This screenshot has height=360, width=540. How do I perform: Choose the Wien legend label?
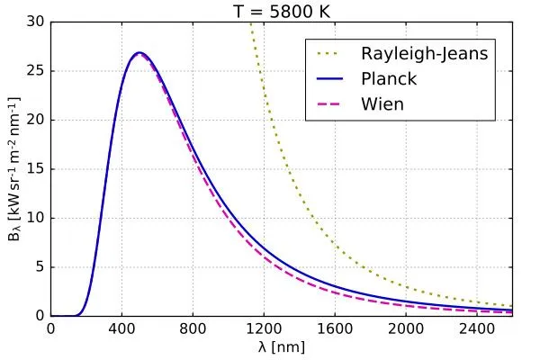pyautogui.click(x=382, y=104)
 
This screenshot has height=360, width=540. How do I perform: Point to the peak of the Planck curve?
pyautogui.click(x=139, y=53)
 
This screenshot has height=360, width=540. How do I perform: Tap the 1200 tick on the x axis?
pyautogui.click(x=265, y=329)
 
